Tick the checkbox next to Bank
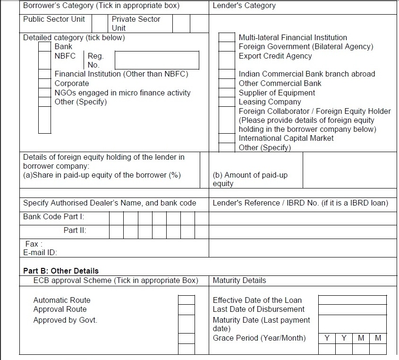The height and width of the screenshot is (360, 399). tap(44, 46)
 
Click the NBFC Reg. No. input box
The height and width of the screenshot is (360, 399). tap(157, 60)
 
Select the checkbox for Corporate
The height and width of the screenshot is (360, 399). tap(44, 83)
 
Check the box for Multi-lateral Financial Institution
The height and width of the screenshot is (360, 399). tap(227, 37)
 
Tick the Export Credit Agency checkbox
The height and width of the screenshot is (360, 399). tap(227, 56)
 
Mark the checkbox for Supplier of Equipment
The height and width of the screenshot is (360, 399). tap(227, 93)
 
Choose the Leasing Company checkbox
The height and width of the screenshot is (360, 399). tap(227, 102)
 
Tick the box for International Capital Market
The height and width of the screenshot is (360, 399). tap(227, 138)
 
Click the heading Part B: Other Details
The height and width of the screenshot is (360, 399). tap(61, 271)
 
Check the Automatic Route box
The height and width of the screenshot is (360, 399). tap(186, 300)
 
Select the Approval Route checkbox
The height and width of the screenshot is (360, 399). tap(186, 309)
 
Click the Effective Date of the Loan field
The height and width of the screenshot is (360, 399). tap(352, 300)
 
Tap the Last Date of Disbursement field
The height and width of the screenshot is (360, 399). tap(352, 309)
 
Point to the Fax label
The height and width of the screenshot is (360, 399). tap(34, 244)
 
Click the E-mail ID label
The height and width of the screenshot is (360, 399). tap(40, 253)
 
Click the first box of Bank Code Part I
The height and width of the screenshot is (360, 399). tap(117, 218)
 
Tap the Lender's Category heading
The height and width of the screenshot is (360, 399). tap(244, 6)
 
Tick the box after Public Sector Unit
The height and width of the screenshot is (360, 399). tap(99, 23)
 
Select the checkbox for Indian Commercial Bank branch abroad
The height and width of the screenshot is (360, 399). tap(227, 74)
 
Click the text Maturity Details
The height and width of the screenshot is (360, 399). tap(239, 280)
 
